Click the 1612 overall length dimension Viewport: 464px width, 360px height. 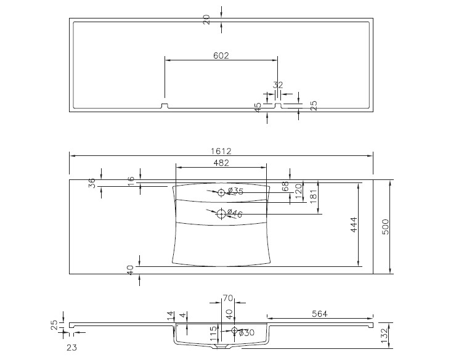221,151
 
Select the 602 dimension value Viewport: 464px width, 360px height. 221,55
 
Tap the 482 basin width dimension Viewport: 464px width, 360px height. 221,163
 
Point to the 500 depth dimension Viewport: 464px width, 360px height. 386,227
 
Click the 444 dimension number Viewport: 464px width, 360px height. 354,225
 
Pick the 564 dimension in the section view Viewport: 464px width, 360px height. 320,314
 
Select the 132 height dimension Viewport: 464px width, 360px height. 385,335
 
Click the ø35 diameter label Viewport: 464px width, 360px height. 235,191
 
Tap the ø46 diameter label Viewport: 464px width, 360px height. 235,213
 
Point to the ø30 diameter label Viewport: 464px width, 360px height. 246,333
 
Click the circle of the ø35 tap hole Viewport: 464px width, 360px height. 221,192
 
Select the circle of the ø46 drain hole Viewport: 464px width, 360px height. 221,214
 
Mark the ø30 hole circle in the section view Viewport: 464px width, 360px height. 234,330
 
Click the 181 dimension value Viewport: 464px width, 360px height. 314,196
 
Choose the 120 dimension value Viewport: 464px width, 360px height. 299,191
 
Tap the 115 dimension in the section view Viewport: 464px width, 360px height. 214,333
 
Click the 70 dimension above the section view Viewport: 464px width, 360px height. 228,298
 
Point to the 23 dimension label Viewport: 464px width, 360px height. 71,348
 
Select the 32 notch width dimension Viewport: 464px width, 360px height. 278,85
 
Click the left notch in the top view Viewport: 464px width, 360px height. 165,105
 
